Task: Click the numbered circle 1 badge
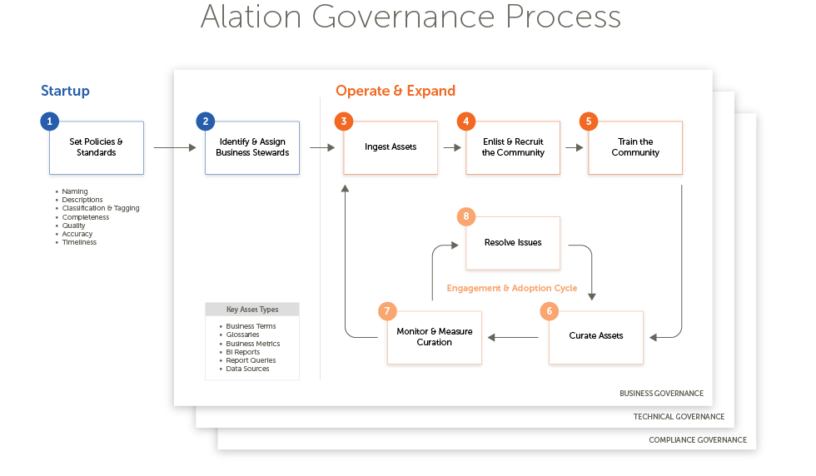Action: (x=50, y=121)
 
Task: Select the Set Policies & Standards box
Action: (x=97, y=147)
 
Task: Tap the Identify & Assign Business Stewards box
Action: (x=252, y=147)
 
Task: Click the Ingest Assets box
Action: (x=391, y=147)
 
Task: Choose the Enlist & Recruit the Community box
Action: (x=513, y=147)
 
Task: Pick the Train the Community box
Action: (x=635, y=147)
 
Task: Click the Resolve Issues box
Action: (x=513, y=243)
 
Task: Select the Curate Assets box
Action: (x=596, y=336)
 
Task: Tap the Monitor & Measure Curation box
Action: (x=435, y=336)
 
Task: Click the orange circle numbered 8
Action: (x=466, y=216)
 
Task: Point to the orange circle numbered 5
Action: (x=589, y=121)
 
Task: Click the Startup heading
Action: (x=65, y=92)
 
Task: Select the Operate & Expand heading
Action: (x=396, y=92)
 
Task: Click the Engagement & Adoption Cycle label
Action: (x=512, y=288)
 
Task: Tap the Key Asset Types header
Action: (x=252, y=310)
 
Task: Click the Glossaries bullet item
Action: (x=242, y=335)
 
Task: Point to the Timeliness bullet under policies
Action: (x=79, y=242)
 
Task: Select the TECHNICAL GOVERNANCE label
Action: (x=679, y=417)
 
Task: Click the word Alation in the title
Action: (x=254, y=17)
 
